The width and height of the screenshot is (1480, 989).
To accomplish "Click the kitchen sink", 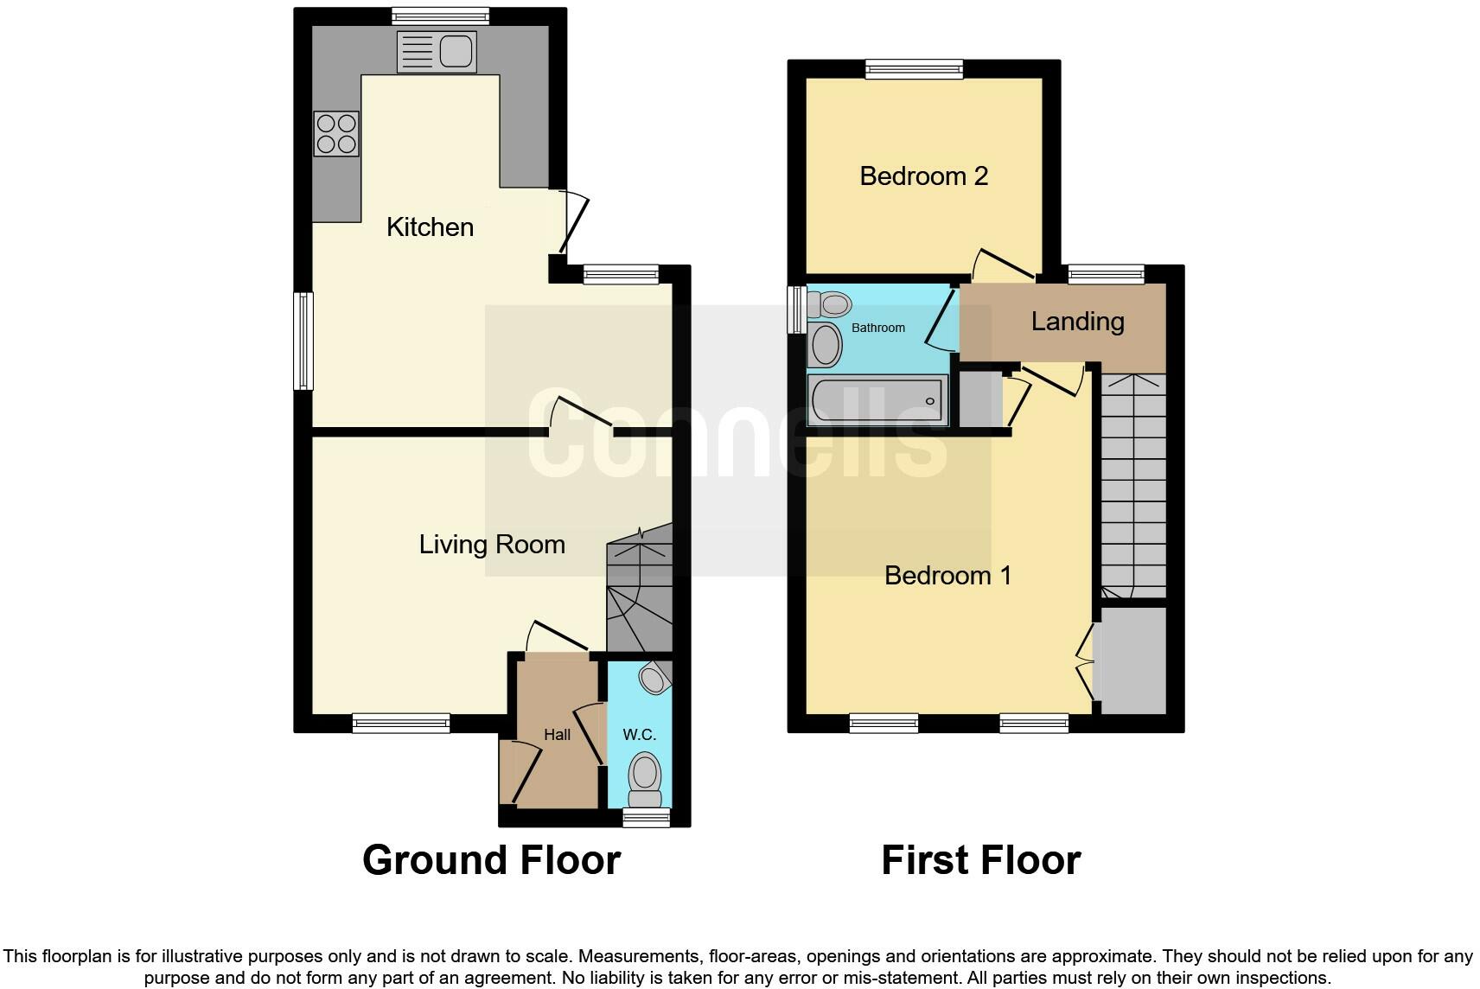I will pos(437,52).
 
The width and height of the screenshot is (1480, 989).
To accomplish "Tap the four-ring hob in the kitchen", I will pos(336,135).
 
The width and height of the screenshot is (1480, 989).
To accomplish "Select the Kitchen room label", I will pos(430,227).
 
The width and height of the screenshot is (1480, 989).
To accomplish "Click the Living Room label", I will pos(492,545).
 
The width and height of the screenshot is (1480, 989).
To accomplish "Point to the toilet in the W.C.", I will pos(644,777).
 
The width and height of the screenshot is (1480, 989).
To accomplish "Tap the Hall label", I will pos(557,735).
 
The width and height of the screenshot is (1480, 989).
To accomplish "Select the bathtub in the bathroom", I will pos(877,400).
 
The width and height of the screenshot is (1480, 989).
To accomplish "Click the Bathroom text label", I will pos(878,328).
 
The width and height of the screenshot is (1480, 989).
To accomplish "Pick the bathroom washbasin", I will pos(825,345).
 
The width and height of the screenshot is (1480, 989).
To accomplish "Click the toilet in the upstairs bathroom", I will pos(829,304).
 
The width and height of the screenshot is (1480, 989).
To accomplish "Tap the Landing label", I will pos(1077,322).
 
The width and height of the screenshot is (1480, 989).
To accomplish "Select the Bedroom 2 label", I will pos(923,176).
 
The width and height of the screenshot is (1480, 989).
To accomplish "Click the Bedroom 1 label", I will pos(947,576).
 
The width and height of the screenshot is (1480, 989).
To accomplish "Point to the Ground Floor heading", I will pos(491,860).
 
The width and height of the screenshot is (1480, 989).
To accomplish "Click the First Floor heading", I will pos(980,860).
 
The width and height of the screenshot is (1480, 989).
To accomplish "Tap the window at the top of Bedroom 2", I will pos(915,69).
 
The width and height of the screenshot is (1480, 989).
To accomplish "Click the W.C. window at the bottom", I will pos(647,818).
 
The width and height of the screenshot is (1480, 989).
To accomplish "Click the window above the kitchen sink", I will pos(440,16).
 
